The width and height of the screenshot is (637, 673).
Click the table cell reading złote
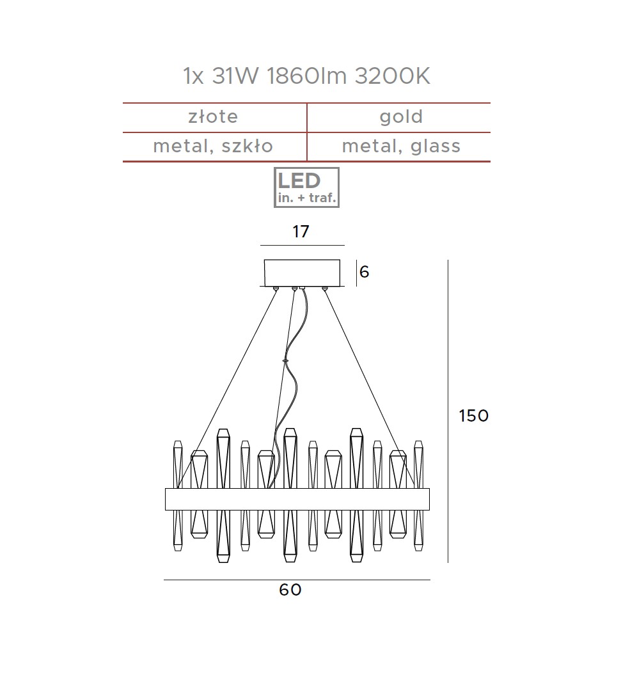(x=213, y=116)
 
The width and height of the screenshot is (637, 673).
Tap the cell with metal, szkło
(x=213, y=146)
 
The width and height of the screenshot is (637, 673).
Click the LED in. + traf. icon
(x=306, y=187)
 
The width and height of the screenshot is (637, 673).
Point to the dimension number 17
(x=301, y=232)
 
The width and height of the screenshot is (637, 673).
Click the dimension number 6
(x=364, y=272)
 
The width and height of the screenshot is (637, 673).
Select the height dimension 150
(x=473, y=415)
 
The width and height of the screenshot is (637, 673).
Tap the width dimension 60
(x=290, y=590)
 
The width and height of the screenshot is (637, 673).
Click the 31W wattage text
(x=235, y=76)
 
